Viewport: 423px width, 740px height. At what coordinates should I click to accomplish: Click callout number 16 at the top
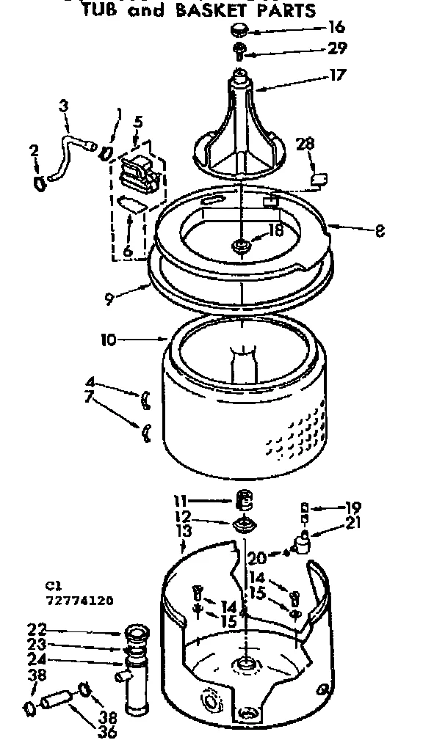(337, 28)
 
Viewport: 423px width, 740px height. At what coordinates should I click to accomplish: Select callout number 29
(337, 48)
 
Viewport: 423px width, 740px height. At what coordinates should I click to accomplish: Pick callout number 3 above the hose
(63, 107)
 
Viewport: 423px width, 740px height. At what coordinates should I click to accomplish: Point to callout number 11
(179, 502)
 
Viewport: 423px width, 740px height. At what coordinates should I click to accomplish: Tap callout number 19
(353, 506)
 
